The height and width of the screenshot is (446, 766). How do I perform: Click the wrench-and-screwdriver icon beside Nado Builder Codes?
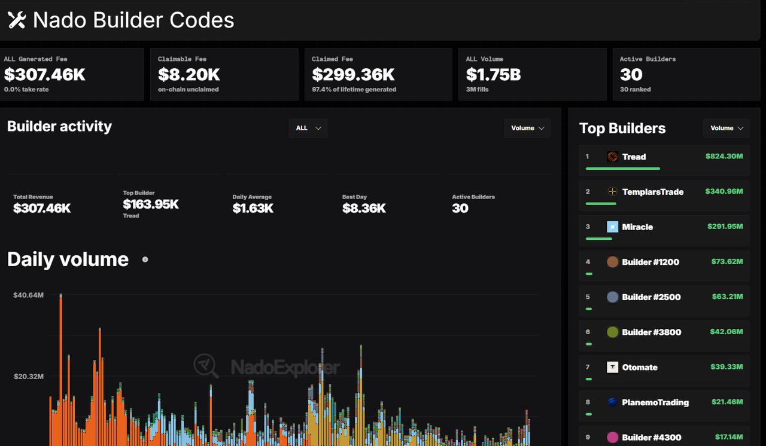click(x=17, y=20)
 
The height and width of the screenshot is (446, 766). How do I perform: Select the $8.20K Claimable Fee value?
click(x=189, y=75)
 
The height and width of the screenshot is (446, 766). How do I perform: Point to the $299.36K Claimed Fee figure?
click(x=353, y=75)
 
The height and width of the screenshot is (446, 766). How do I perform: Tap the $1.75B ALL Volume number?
click(x=493, y=75)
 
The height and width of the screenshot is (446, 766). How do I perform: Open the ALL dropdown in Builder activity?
click(x=308, y=128)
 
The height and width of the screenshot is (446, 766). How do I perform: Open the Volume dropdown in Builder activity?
click(x=527, y=128)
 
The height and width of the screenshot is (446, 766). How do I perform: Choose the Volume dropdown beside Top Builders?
click(x=727, y=128)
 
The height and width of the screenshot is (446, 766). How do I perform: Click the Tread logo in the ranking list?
click(x=612, y=157)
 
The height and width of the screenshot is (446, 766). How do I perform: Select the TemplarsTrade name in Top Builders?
click(x=653, y=192)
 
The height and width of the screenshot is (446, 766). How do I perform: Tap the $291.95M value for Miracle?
click(x=725, y=227)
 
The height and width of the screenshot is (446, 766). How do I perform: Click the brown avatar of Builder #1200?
click(x=612, y=262)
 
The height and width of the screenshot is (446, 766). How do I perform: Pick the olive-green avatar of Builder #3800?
click(x=612, y=332)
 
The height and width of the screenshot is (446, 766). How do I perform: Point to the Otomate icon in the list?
click(x=612, y=367)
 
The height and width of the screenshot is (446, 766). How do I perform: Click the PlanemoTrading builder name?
click(x=655, y=402)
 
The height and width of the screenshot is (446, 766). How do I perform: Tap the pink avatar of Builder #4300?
click(x=612, y=437)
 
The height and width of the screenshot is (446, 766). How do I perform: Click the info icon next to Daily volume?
click(x=145, y=259)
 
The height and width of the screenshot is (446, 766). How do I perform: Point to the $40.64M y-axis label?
click(x=28, y=295)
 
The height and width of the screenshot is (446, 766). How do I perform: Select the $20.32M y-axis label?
click(x=29, y=376)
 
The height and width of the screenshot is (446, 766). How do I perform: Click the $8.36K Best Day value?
click(x=364, y=208)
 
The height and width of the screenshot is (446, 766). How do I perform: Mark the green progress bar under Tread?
click(x=623, y=169)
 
